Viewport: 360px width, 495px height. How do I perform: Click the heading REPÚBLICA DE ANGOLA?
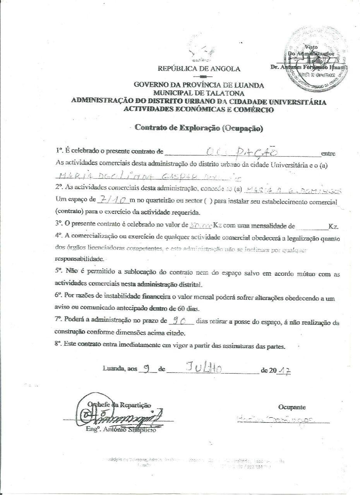tap(199, 69)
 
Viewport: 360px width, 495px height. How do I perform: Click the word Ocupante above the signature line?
tap(291, 407)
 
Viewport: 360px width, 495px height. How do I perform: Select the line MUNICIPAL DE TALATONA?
tap(199, 92)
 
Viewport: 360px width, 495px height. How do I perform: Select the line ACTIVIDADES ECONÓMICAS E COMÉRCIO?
tap(199, 109)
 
